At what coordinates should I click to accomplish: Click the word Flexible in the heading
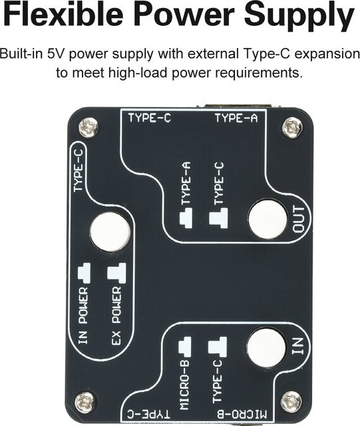click(63, 14)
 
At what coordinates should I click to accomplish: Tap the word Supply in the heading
click(299, 16)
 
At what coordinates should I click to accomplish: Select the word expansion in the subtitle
click(327, 55)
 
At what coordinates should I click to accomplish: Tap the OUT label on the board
click(298, 220)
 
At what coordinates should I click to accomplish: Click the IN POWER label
click(84, 316)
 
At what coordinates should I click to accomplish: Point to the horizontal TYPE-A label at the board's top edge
click(236, 118)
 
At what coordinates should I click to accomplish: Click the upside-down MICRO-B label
click(243, 414)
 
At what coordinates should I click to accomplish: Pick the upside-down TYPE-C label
click(149, 414)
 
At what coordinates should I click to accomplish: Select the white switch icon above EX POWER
click(117, 274)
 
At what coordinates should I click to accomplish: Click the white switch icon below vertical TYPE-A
click(186, 218)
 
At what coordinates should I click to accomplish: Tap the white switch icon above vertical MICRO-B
click(185, 347)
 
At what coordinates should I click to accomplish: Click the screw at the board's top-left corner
click(89, 127)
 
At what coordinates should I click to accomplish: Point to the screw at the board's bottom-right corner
click(291, 401)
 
